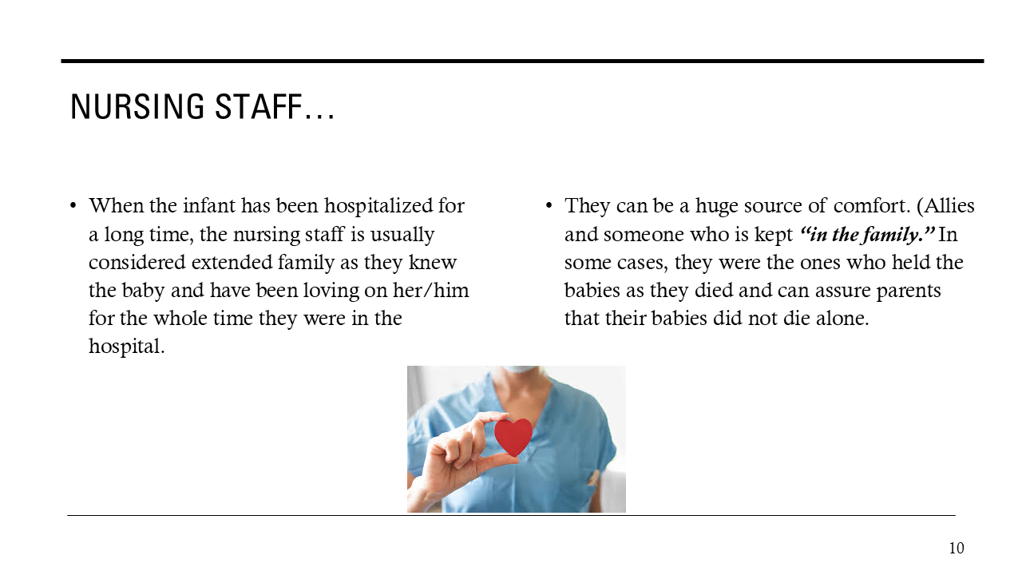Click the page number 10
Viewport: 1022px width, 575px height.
[956, 548]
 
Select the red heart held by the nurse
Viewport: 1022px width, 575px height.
[513, 436]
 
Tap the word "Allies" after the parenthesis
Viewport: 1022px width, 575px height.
[949, 205]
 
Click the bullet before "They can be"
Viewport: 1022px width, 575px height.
[549, 206]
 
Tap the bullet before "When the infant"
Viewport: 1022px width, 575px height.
[74, 206]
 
